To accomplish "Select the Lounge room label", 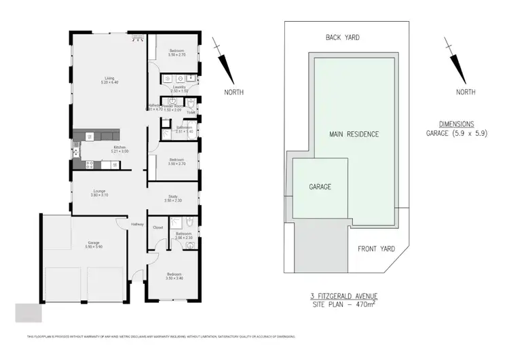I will click(x=100, y=192).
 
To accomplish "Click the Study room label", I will click(x=172, y=198).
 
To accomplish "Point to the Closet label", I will click(x=157, y=228).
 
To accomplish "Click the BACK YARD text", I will click(x=343, y=37).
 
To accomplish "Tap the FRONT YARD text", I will click(x=376, y=249).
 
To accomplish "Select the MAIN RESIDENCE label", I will click(x=354, y=134).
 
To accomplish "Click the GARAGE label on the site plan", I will click(x=320, y=186).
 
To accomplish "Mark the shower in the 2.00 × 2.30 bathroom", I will click(x=175, y=221).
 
